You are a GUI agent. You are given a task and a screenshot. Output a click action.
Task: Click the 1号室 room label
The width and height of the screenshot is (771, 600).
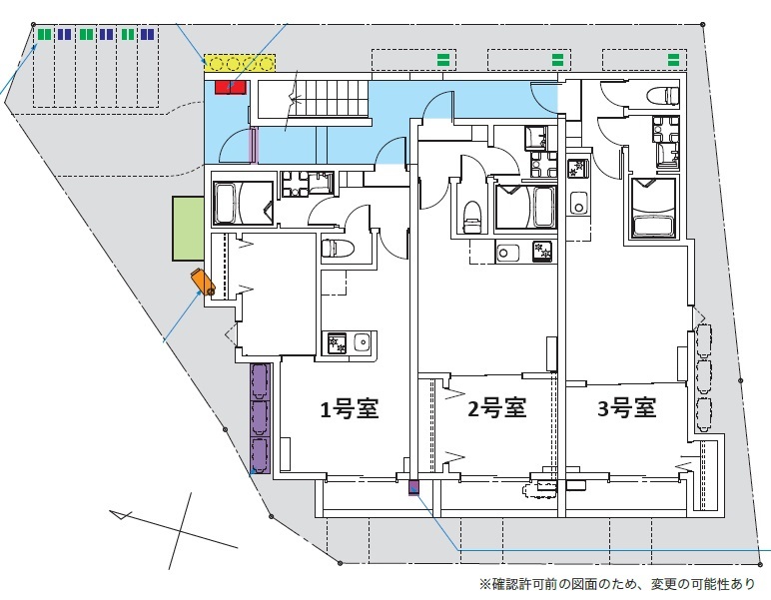pos(349,408)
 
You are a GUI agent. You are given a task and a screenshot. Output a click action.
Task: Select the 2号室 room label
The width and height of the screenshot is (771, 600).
pos(496,407)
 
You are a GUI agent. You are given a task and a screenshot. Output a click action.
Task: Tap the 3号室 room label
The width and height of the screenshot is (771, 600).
pos(626,407)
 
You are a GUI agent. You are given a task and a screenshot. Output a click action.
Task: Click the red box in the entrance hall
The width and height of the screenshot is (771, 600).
pos(230,88)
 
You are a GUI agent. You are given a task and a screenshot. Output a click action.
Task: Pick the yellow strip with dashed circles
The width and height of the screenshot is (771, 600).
pos(239,64)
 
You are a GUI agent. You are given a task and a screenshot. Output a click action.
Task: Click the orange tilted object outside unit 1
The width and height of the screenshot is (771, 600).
pos(203,283)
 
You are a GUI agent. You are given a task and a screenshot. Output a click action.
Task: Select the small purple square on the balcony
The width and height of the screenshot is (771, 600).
pos(413,487)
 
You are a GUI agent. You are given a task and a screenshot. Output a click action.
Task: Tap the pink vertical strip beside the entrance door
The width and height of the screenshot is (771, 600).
pos(254,146)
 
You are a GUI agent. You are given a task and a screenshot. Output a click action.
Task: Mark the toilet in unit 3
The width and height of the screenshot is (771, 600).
pos(662,96)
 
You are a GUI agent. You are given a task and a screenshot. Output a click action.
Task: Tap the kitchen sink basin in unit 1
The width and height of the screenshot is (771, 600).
pos(361,343)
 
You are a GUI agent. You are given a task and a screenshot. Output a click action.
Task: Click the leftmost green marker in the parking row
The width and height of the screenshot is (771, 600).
pos(44,34)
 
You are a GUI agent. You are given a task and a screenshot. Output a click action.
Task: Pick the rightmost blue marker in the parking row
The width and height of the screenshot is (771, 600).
pos(148,34)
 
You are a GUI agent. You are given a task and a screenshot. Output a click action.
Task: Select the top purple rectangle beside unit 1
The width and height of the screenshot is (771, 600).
pos(260,381)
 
